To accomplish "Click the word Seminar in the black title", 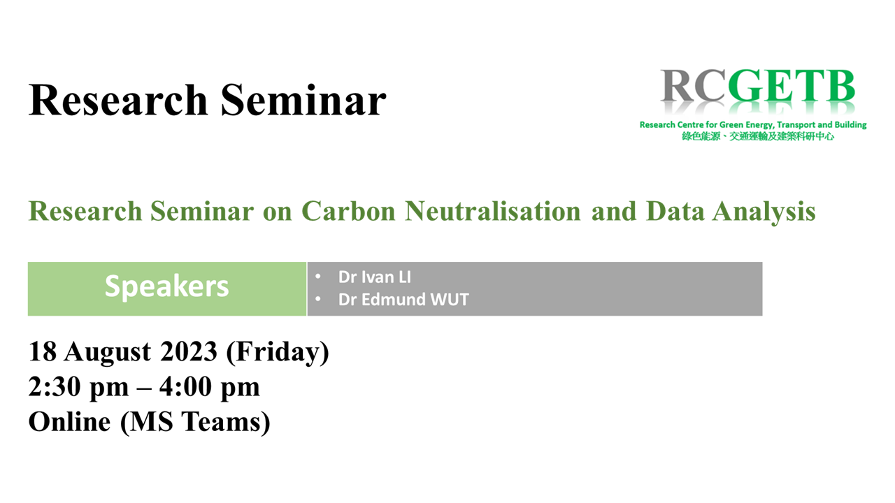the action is click(x=303, y=100).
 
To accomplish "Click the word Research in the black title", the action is click(x=118, y=100).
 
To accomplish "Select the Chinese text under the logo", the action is click(x=758, y=136).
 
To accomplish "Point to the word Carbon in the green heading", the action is click(x=348, y=211).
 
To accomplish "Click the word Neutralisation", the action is click(x=493, y=211).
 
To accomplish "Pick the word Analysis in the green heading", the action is click(x=764, y=212).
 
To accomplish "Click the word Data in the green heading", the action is click(x=675, y=211).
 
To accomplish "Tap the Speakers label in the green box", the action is click(x=166, y=286).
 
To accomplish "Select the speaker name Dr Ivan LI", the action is click(x=374, y=277).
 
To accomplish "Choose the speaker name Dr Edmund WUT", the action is click(x=403, y=300).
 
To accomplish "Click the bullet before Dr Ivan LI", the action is click(x=318, y=276).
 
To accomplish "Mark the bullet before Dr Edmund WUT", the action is click(x=318, y=298).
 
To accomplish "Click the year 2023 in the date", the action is click(x=189, y=351).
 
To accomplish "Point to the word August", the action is click(x=108, y=353).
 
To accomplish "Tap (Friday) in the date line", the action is click(x=278, y=353).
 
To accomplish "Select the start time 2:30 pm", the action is click(x=79, y=387).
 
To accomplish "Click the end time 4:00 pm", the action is click(x=210, y=387).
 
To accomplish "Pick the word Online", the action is click(x=69, y=422).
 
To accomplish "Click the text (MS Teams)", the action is click(x=195, y=423).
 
